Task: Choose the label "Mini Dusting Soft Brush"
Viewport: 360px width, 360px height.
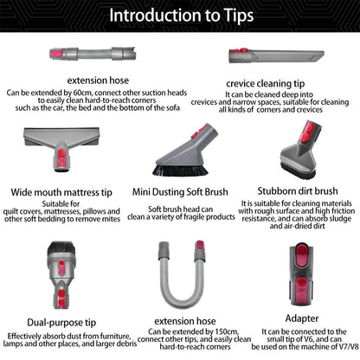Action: tap(179, 192)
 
